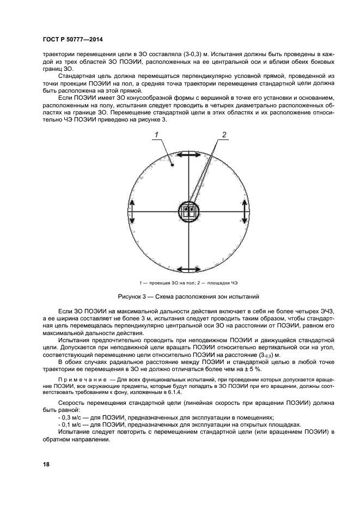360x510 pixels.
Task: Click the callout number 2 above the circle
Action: (223, 135)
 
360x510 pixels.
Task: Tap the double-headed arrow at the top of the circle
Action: (189, 156)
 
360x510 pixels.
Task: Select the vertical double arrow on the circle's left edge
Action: (132, 212)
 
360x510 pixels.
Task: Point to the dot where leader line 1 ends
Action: (172, 165)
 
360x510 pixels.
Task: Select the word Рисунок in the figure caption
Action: (131, 297)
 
